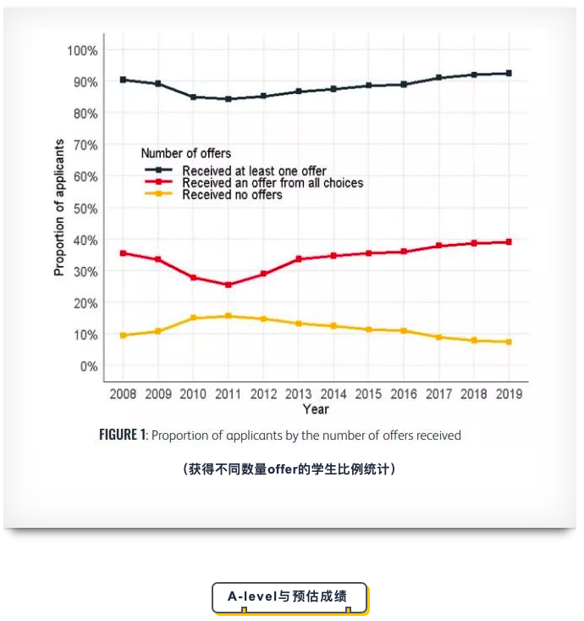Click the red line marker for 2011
pyautogui.click(x=228, y=285)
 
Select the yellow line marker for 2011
pyautogui.click(x=228, y=316)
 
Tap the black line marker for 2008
pyautogui.click(x=123, y=80)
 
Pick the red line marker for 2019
pyautogui.click(x=509, y=242)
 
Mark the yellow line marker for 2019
pyautogui.click(x=509, y=341)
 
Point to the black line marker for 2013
pyautogui.click(x=298, y=91)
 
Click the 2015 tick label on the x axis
pyautogui.click(x=368, y=394)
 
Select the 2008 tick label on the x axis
pyautogui.click(x=123, y=394)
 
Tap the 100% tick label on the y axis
pyautogui.click(x=82, y=51)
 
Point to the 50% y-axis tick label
pyautogui.click(x=85, y=208)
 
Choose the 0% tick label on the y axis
pyautogui.click(x=88, y=366)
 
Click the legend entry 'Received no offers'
pyautogui.click(x=232, y=195)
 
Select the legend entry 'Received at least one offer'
pyautogui.click(x=254, y=171)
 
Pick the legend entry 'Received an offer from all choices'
pyautogui.click(x=273, y=183)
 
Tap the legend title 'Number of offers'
pyautogui.click(x=185, y=153)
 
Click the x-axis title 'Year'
pyautogui.click(x=316, y=409)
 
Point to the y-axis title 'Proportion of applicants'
pyautogui.click(x=59, y=208)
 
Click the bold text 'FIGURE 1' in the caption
pyautogui.click(x=123, y=435)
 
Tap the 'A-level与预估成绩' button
pyautogui.click(x=289, y=596)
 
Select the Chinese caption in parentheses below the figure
pyautogui.click(x=289, y=469)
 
